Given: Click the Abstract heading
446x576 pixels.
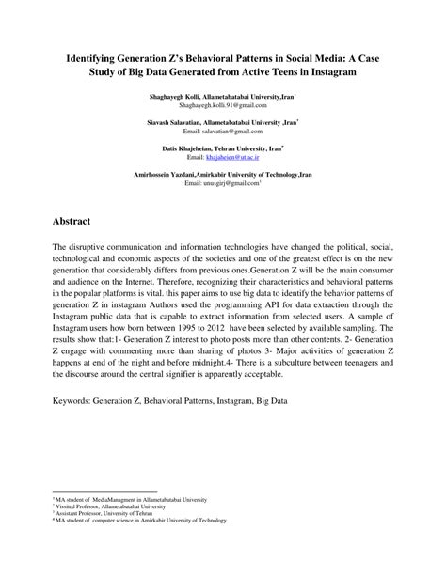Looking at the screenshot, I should (x=71, y=221).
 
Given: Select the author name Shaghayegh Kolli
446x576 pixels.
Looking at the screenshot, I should (x=177, y=98).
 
